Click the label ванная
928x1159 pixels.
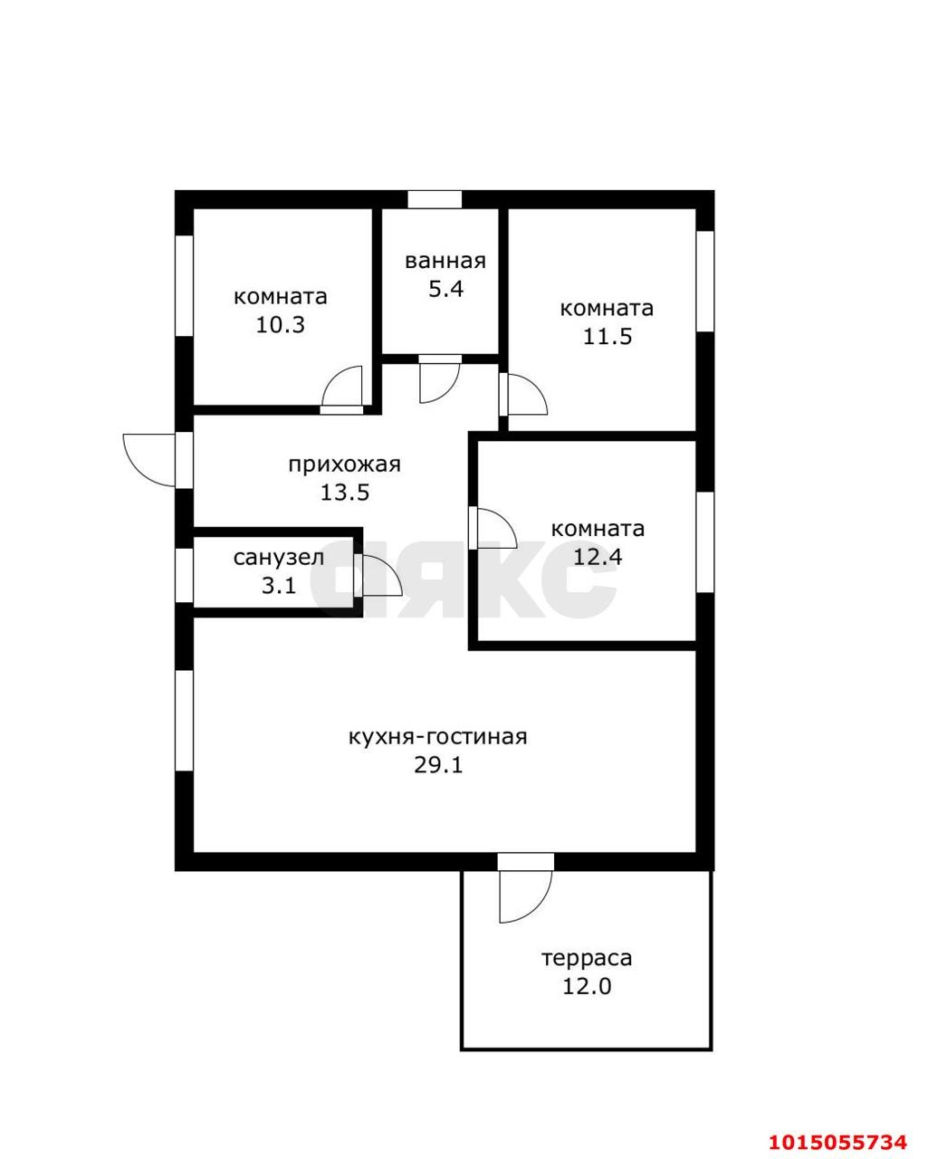click(x=445, y=261)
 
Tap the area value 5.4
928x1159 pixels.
click(x=446, y=290)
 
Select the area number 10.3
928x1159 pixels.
click(x=280, y=325)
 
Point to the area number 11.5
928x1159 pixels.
click(x=608, y=337)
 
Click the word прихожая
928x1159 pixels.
click(x=345, y=465)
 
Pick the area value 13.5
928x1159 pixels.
click(x=345, y=493)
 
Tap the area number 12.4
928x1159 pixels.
click(x=598, y=557)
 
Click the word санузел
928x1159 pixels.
click(x=279, y=558)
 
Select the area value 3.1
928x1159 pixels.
click(x=279, y=586)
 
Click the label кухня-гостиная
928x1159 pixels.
click(x=438, y=737)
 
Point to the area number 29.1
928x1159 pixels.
click(x=438, y=765)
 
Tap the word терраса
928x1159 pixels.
click(x=587, y=959)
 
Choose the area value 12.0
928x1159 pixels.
click(x=587, y=987)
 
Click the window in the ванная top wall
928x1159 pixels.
click(x=435, y=199)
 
